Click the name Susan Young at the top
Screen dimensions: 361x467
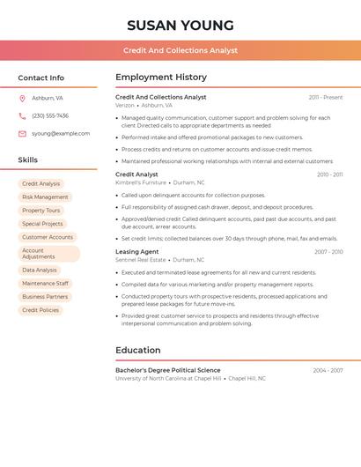pos(180,26)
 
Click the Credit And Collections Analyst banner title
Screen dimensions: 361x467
pos(180,51)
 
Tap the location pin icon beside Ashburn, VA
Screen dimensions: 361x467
pos(22,98)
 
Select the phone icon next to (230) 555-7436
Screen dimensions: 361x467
pos(22,115)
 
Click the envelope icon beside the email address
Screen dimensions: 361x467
pos(22,134)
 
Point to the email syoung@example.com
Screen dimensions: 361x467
pos(61,134)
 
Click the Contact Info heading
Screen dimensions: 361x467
pos(41,78)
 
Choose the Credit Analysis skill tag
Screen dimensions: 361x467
pos(41,184)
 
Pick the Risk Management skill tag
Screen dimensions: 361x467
pos(45,197)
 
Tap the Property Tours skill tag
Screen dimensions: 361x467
pos(41,211)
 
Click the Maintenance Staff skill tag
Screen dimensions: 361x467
pos(45,284)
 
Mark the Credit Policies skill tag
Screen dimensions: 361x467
pos(41,310)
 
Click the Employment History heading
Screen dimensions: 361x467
pos(161,78)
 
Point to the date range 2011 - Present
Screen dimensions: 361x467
pos(326,98)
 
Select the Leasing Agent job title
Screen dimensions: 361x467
pos(137,252)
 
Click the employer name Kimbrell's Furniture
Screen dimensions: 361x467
pos(141,182)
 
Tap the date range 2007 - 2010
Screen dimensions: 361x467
pos(328,252)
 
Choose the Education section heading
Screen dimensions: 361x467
pos(138,351)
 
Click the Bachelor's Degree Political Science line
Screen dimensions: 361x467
pos(168,370)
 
